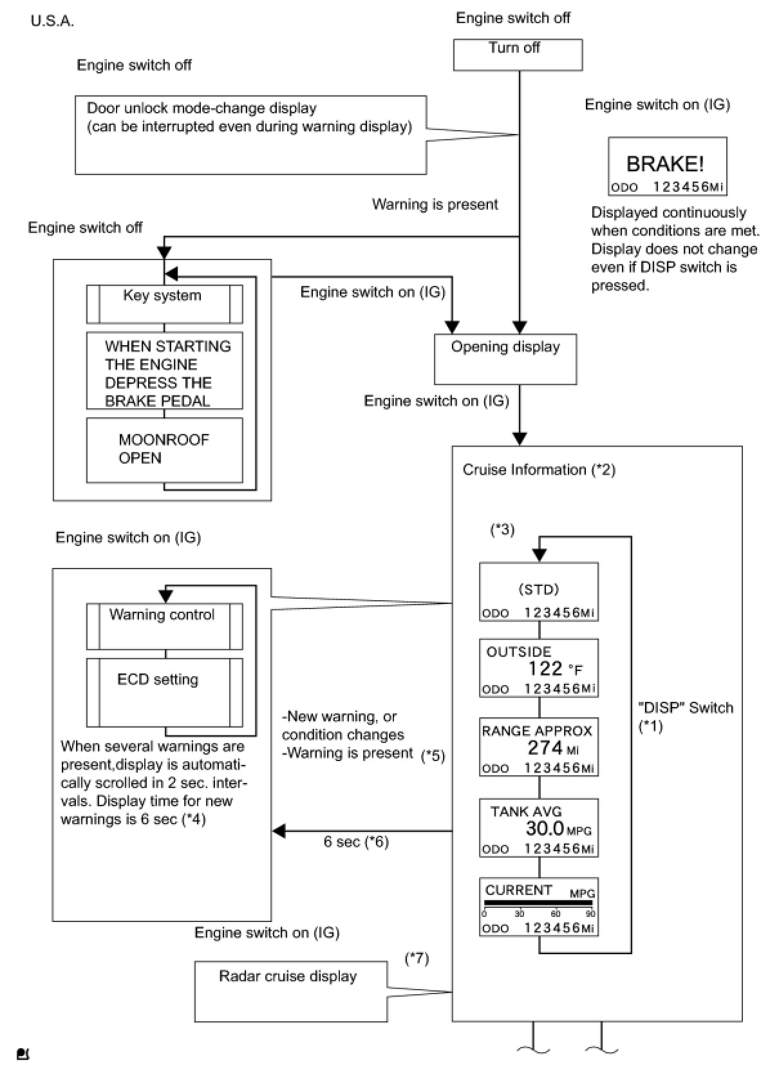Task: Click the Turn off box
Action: tap(518, 55)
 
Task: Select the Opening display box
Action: tap(505, 359)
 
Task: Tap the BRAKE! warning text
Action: tap(665, 164)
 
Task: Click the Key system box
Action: tap(164, 304)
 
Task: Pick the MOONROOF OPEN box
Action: tap(164, 449)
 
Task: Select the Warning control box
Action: tap(164, 626)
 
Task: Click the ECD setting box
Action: tap(164, 692)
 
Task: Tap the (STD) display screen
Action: tap(539, 592)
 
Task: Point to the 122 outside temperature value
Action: tap(545, 668)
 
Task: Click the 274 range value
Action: tap(545, 748)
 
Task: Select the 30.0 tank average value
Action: tap(545, 828)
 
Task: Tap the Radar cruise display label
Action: tap(288, 976)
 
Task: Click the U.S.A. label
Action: tap(52, 21)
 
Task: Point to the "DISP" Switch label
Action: tap(686, 708)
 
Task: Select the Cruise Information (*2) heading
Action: tap(539, 470)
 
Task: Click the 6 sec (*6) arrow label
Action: tap(356, 842)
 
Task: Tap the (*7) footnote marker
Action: tap(417, 959)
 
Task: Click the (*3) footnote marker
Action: tap(502, 530)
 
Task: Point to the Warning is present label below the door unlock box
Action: tap(435, 204)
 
